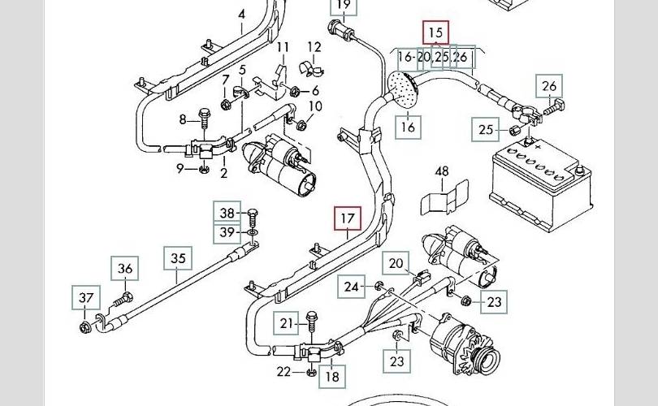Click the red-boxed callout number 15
pyautogui.click(x=435, y=32)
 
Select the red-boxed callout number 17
pyautogui.click(x=348, y=218)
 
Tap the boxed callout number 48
pyautogui.click(x=442, y=171)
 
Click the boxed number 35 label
pyautogui.click(x=179, y=259)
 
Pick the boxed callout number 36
pyautogui.click(x=125, y=270)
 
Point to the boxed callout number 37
pyautogui.click(x=86, y=298)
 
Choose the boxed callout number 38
pyautogui.click(x=227, y=214)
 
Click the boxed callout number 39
pyautogui.click(x=227, y=233)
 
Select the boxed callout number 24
pyautogui.click(x=351, y=287)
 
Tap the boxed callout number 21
pyautogui.click(x=284, y=323)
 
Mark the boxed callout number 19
pyautogui.click(x=343, y=7)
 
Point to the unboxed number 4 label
pyautogui.click(x=241, y=15)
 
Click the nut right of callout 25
pyautogui.click(x=513, y=130)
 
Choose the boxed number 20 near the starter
pyautogui.click(x=396, y=263)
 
